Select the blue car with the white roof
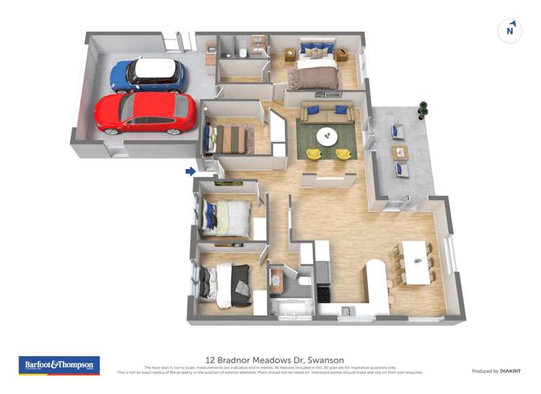[x=148, y=74]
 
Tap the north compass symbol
[x=510, y=31]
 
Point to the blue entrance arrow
[x=190, y=171]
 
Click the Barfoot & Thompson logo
[x=58, y=365]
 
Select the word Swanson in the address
[x=325, y=360]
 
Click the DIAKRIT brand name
[x=506, y=371]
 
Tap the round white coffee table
[x=327, y=135]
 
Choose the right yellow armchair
[x=343, y=153]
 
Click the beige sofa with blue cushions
[x=327, y=113]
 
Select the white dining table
[x=415, y=262]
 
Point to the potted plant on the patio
[x=423, y=109]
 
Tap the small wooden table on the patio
[x=400, y=153]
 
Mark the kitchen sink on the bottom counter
[x=348, y=310]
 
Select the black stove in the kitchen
[x=322, y=292]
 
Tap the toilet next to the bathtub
[x=304, y=282]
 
